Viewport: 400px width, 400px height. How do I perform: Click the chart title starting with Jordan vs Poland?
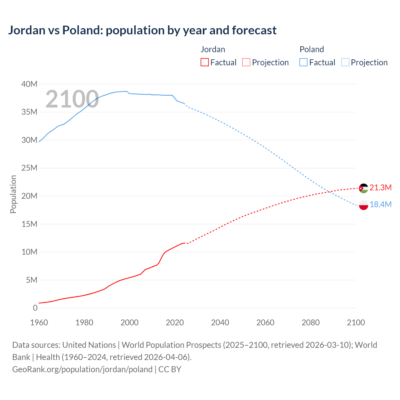(x=142, y=30)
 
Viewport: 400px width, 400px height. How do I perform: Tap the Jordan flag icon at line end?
(x=363, y=188)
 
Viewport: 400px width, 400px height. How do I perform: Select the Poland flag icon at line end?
(x=363, y=205)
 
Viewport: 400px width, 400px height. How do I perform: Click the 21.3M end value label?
(x=380, y=187)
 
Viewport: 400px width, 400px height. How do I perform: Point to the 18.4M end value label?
(x=380, y=204)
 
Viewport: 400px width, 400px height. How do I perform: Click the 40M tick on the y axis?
(x=29, y=84)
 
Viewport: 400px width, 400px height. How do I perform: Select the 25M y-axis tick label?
(x=29, y=168)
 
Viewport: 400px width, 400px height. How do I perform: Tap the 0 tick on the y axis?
(x=35, y=308)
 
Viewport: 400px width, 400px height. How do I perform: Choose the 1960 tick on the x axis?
(x=39, y=322)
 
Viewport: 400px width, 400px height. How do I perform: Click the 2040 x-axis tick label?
(x=220, y=322)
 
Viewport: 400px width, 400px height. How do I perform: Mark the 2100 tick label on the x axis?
(x=356, y=322)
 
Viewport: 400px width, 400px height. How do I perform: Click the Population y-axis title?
(x=13, y=194)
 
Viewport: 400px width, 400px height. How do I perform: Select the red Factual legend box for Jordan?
(x=205, y=62)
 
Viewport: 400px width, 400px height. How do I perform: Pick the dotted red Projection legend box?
(x=246, y=62)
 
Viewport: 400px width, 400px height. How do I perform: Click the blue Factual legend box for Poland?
(x=303, y=62)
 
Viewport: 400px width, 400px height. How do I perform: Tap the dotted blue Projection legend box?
(x=345, y=62)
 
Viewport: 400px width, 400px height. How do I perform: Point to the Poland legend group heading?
(x=312, y=49)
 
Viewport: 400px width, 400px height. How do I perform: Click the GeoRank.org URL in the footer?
(x=82, y=369)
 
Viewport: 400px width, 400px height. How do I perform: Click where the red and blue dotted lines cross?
(x=329, y=192)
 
